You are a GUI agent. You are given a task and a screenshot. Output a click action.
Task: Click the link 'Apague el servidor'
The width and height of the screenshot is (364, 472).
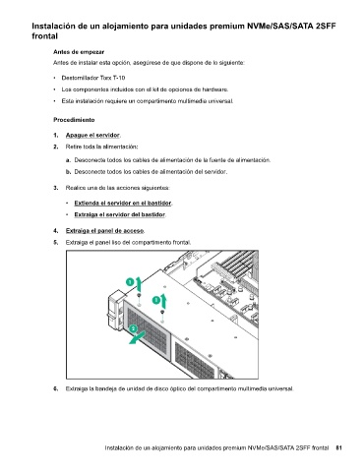92,135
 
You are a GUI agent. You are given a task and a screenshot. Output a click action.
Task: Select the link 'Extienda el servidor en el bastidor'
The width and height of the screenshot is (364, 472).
123,203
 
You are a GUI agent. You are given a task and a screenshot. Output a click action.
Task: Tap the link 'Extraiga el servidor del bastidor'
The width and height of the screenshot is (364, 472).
120,214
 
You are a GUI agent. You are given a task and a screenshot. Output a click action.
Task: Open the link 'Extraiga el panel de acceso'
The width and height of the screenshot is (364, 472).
104,231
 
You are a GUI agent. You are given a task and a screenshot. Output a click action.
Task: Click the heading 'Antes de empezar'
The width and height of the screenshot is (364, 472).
79,52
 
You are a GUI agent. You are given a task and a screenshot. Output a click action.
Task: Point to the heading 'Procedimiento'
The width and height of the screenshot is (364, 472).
74,120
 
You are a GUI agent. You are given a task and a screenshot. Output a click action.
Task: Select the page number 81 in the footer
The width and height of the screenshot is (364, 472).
338,447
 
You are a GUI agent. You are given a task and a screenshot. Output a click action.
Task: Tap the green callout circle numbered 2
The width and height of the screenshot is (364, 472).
133,328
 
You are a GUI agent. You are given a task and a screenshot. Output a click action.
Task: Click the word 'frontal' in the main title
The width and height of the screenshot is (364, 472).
44,36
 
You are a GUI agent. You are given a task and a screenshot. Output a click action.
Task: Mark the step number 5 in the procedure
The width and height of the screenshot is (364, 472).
56,243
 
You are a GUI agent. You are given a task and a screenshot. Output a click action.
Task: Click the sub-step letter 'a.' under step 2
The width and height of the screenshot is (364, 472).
68,160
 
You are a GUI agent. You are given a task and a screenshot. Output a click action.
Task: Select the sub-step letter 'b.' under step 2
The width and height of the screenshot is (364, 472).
68,172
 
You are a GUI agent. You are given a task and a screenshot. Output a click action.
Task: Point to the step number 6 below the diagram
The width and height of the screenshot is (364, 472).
56,389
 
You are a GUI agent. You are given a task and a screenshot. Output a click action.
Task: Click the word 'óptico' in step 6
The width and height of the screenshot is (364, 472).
178,389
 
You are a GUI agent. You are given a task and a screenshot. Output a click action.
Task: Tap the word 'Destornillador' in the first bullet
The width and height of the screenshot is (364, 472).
78,78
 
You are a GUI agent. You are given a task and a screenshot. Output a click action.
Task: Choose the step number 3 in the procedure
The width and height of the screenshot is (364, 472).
56,188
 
